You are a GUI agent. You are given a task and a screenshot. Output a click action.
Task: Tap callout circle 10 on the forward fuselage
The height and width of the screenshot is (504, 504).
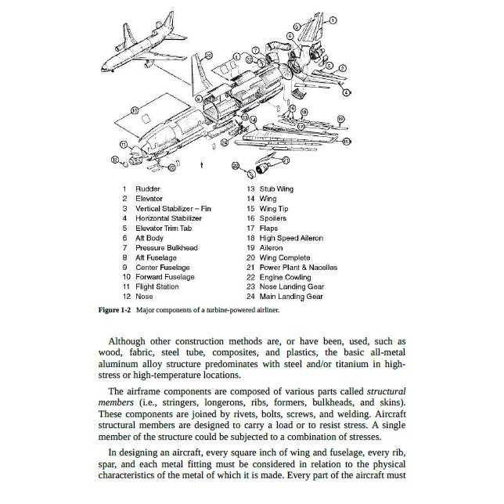[x=135, y=111]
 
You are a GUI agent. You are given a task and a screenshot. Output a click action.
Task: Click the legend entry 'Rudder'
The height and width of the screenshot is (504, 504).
[x=148, y=189]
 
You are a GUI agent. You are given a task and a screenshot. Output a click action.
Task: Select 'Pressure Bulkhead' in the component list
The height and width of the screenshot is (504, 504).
[x=166, y=247]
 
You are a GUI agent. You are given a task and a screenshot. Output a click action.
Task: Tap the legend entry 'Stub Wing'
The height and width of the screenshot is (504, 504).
[x=276, y=189]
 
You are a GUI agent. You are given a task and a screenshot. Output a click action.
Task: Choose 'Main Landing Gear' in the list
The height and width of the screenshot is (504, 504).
[x=291, y=297]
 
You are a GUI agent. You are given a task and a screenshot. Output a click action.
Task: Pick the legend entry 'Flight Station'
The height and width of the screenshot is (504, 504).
[x=157, y=286]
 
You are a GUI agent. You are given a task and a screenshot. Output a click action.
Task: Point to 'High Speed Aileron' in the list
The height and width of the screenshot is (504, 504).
[x=291, y=238]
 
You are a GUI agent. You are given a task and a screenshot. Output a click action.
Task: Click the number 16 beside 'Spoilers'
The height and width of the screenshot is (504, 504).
[x=250, y=218]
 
